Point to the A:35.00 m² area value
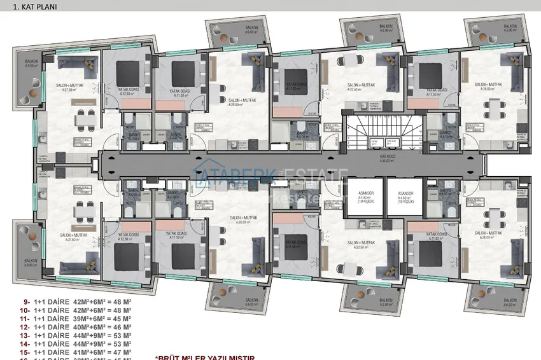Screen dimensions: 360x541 pyautogui.click(x=388, y=161)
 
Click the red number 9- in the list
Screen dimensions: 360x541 pyautogui.click(x=25, y=302)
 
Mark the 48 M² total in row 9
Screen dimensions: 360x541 pyautogui.click(x=122, y=302)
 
